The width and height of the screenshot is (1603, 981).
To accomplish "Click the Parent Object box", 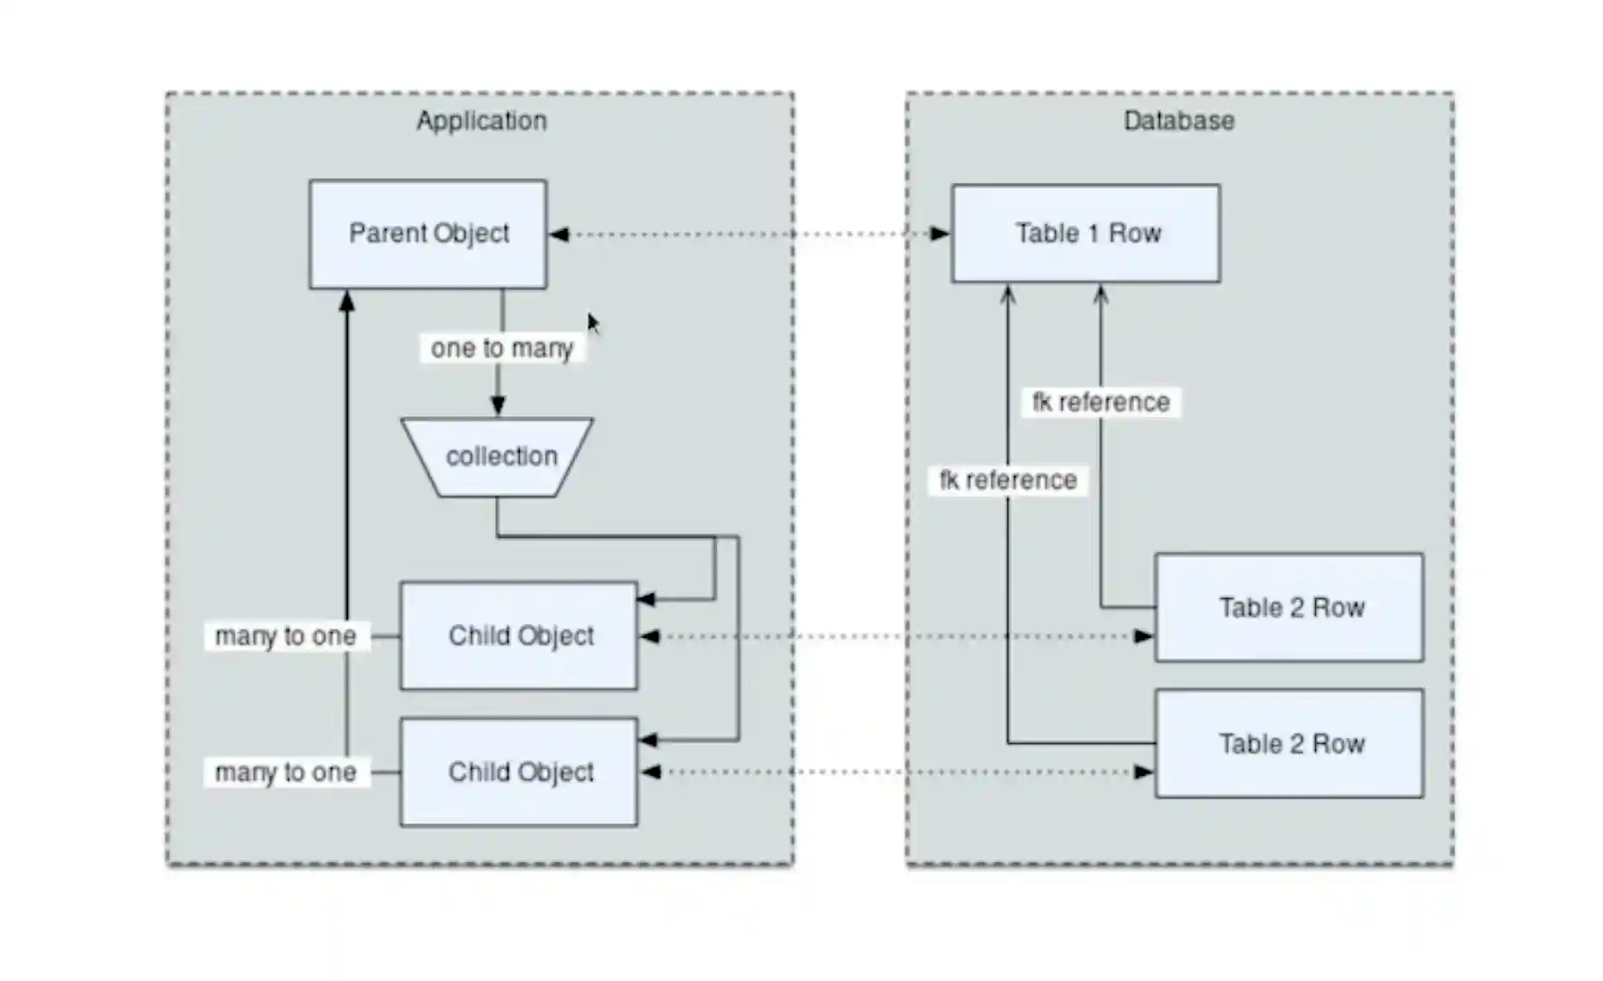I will click(x=427, y=234).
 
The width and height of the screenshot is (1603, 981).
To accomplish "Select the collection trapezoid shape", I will click(x=497, y=457).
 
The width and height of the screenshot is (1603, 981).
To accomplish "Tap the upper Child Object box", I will click(x=519, y=636).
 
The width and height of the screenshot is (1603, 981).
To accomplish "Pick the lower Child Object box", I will click(x=519, y=772).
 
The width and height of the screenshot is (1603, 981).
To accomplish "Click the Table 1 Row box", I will click(x=1085, y=234).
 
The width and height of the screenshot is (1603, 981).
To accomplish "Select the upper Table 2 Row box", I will click(x=1288, y=608).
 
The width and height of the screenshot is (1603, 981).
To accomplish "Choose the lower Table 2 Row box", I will click(x=1288, y=743).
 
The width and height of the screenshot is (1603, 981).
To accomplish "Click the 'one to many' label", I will click(x=502, y=348).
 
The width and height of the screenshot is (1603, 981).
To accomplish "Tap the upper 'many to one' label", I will click(x=286, y=636).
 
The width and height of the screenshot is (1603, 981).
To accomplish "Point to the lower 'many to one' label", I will click(x=286, y=772).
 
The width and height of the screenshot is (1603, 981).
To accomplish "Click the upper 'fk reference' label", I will click(x=1101, y=403).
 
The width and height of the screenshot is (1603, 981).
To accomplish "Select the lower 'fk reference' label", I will click(x=1007, y=480).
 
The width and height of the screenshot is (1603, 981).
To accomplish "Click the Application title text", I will click(x=481, y=121).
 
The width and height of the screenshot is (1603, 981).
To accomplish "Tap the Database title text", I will click(x=1178, y=121).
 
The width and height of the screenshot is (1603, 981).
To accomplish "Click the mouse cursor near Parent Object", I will click(x=593, y=323).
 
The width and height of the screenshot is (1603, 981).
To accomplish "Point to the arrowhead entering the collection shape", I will click(x=497, y=406).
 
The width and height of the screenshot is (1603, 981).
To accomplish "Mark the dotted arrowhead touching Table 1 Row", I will click(x=939, y=234).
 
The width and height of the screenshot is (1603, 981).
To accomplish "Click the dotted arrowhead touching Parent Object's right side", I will click(x=559, y=234).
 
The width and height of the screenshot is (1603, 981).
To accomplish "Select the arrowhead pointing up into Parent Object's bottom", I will click(x=347, y=301).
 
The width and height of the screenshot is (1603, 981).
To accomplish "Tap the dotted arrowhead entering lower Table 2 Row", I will click(x=1143, y=772).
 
